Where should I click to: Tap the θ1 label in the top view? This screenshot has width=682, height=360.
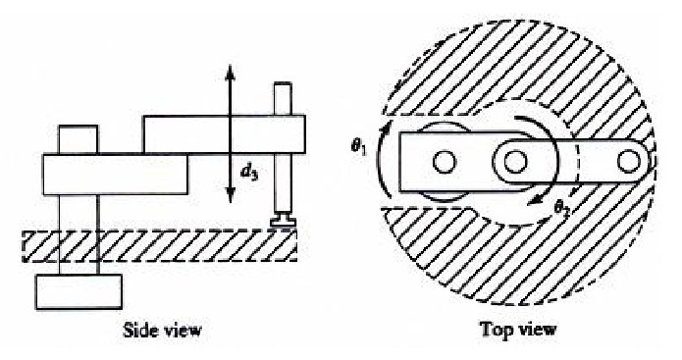pyautogui.click(x=359, y=146)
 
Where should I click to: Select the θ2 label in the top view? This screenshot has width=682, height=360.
pyautogui.click(x=562, y=208)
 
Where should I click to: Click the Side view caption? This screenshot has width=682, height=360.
pyautogui.click(x=163, y=330)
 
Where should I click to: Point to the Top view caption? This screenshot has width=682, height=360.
pyautogui.click(x=518, y=330)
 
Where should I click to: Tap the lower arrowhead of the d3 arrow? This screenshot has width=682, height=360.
pyautogui.click(x=230, y=194)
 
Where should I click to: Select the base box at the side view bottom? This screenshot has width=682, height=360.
pyautogui.click(x=79, y=291)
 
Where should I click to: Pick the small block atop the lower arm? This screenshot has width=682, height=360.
pyautogui.click(x=79, y=139)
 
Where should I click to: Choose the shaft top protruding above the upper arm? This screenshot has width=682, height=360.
pyautogui.click(x=283, y=99)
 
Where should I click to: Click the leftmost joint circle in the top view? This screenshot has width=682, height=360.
pyautogui.click(x=445, y=162)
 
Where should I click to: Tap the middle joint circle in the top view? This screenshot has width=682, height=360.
pyautogui.click(x=515, y=162)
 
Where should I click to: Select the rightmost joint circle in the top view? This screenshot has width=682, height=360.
pyautogui.click(x=629, y=161)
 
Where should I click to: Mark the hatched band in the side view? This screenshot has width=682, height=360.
pyautogui.click(x=160, y=246)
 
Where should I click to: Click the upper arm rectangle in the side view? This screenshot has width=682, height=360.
pyautogui.click(x=224, y=134)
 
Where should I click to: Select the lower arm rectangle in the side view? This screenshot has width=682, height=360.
pyautogui.click(x=115, y=175)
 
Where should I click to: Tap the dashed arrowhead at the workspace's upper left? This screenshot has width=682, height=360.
pyautogui.click(x=445, y=43)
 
